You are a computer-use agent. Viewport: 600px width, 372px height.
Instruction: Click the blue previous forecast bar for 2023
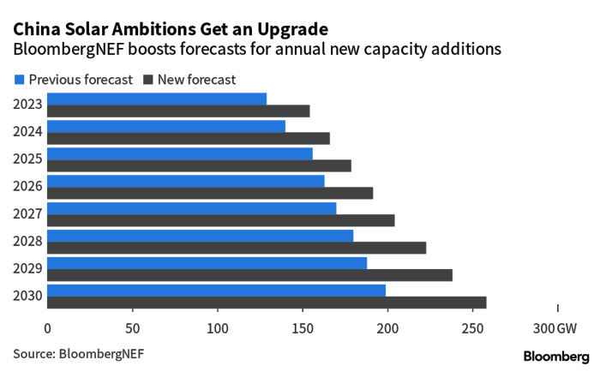point(157,99)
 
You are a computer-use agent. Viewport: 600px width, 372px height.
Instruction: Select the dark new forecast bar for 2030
point(267,303)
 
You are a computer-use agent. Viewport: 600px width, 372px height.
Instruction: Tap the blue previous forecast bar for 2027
point(192,207)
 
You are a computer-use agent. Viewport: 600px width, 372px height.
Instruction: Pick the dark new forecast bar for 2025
point(199,165)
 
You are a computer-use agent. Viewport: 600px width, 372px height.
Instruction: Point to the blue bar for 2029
point(207,262)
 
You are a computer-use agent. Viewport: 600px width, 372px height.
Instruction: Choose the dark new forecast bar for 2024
point(189,138)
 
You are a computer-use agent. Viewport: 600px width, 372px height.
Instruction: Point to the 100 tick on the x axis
point(218,328)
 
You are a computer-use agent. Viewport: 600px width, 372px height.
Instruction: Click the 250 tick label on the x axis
point(473,328)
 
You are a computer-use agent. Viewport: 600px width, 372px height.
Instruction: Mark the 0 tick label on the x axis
point(47,328)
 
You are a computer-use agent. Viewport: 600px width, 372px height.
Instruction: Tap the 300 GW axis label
point(555,328)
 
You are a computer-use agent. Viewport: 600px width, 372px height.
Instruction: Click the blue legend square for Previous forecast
point(20,80)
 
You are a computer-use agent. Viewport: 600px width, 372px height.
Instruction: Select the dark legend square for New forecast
point(147,80)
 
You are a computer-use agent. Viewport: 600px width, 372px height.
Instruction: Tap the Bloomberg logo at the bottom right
point(555,355)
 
